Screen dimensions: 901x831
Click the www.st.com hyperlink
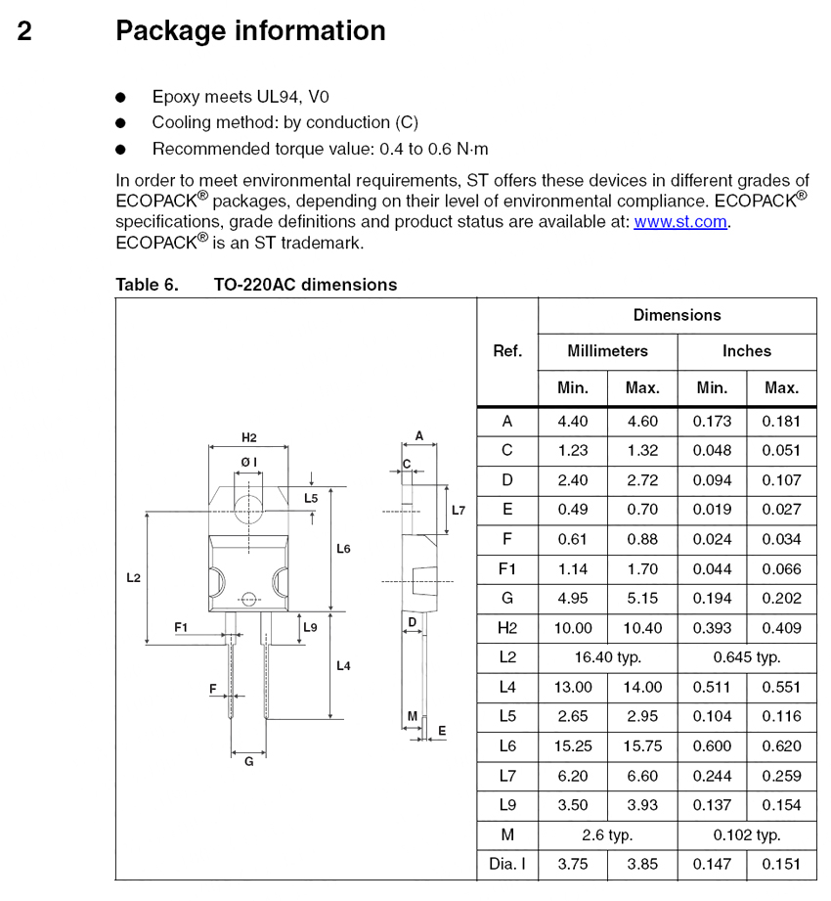click(x=680, y=221)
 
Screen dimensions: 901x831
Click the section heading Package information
click(x=250, y=31)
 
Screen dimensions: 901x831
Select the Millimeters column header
click(x=607, y=351)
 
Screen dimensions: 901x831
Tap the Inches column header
click(x=746, y=351)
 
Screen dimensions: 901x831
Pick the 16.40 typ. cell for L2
click(x=607, y=657)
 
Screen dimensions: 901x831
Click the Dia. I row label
click(x=506, y=864)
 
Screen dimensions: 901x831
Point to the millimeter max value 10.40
click(x=642, y=628)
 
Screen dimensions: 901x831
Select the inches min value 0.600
click(x=712, y=746)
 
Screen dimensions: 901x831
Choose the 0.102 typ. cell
click(x=746, y=834)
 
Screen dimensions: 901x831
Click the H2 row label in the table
click(x=506, y=628)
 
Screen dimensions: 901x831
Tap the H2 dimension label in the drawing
click(x=248, y=437)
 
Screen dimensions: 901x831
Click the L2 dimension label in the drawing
click(x=134, y=578)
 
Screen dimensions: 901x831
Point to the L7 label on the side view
click(x=459, y=511)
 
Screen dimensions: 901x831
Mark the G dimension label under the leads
click(x=248, y=761)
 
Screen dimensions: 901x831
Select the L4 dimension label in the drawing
click(x=343, y=666)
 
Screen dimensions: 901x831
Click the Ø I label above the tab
click(x=248, y=462)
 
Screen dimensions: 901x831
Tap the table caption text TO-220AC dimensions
click(x=305, y=285)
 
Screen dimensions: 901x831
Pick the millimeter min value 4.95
click(x=573, y=599)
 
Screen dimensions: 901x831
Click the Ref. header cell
click(x=506, y=351)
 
